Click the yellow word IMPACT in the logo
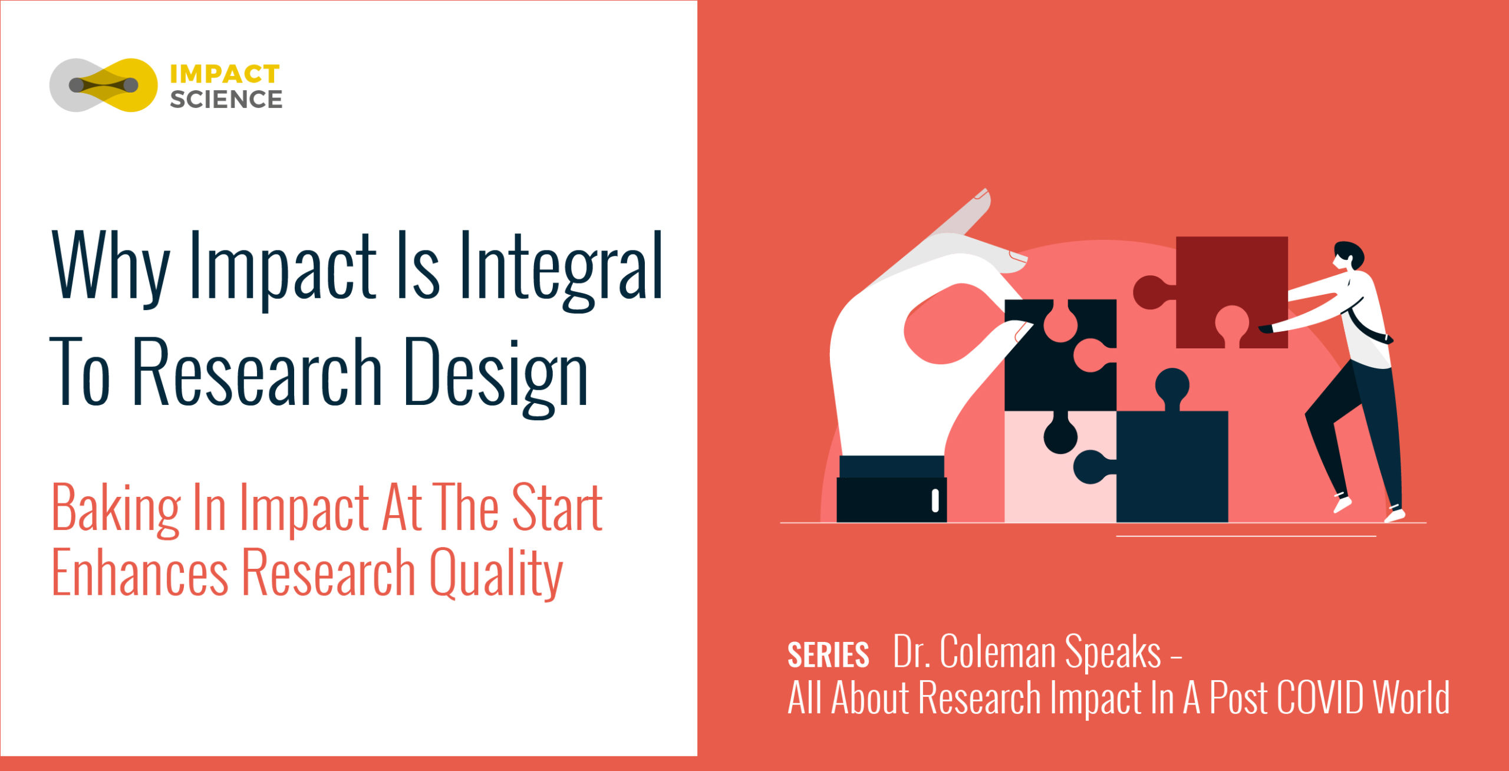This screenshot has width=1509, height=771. (x=225, y=74)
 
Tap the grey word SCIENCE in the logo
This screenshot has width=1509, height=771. (x=226, y=100)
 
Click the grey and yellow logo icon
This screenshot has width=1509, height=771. (x=104, y=85)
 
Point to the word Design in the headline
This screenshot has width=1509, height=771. (x=496, y=375)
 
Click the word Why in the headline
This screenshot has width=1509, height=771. (x=111, y=268)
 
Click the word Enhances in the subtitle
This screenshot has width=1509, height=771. (x=140, y=572)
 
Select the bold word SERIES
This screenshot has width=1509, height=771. (x=828, y=655)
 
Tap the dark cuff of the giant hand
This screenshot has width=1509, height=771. (x=892, y=489)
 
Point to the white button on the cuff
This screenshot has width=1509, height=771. (x=935, y=500)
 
